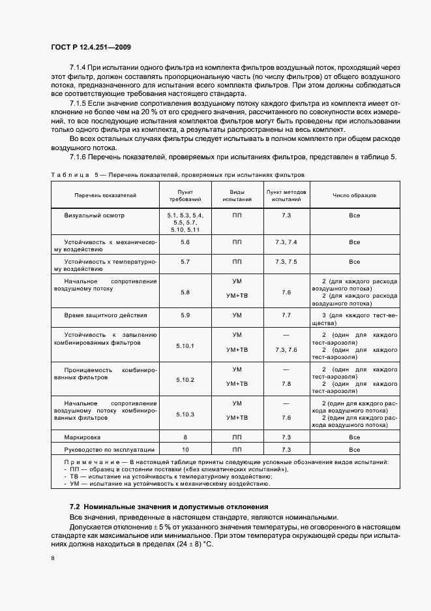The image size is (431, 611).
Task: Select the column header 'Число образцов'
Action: pyautogui.click(x=354, y=195)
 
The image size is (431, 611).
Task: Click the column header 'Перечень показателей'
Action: pyautogui.click(x=105, y=195)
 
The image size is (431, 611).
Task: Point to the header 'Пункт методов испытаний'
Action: pyautogui.click(x=286, y=195)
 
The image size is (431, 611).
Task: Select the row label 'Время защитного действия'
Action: pyautogui.click(x=101, y=315)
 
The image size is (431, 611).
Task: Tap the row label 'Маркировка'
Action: pyautogui.click(x=83, y=437)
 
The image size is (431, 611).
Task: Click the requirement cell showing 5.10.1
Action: pyautogui.click(x=185, y=345)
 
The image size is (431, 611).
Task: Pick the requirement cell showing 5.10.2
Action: pyautogui.click(x=185, y=380)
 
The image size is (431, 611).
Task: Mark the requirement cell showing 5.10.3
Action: pyautogui.click(x=185, y=414)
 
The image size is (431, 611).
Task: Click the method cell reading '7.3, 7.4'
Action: pyautogui.click(x=286, y=242)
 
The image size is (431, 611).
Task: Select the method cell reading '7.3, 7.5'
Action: pyautogui.click(x=286, y=262)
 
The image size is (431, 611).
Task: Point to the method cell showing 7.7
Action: pyautogui.click(x=286, y=315)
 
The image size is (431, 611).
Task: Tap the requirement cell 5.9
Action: pyautogui.click(x=185, y=315)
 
